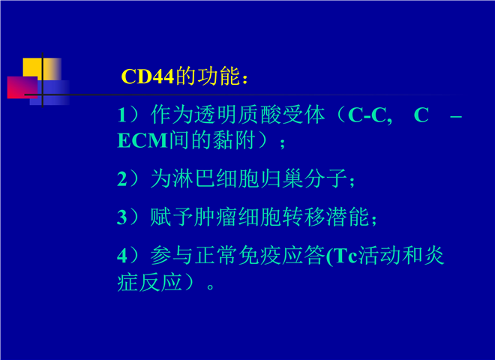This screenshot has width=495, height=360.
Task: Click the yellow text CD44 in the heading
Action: (x=148, y=76)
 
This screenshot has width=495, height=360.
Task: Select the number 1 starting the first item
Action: (x=121, y=115)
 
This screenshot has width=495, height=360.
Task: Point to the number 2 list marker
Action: (x=122, y=179)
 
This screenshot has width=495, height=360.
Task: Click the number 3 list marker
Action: (x=122, y=217)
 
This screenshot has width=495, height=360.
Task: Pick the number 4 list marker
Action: (x=122, y=256)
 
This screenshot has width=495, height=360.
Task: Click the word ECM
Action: (x=142, y=140)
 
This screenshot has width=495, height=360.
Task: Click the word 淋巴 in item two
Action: (x=194, y=178)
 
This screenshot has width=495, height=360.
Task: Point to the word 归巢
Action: (x=281, y=178)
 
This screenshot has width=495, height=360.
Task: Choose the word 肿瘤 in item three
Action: (x=215, y=217)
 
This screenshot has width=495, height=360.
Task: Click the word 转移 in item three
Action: (x=303, y=217)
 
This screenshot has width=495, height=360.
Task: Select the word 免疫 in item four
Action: (x=259, y=255)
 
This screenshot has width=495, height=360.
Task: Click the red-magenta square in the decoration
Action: (x=22, y=87)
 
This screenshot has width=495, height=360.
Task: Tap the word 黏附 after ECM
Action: (x=234, y=140)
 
